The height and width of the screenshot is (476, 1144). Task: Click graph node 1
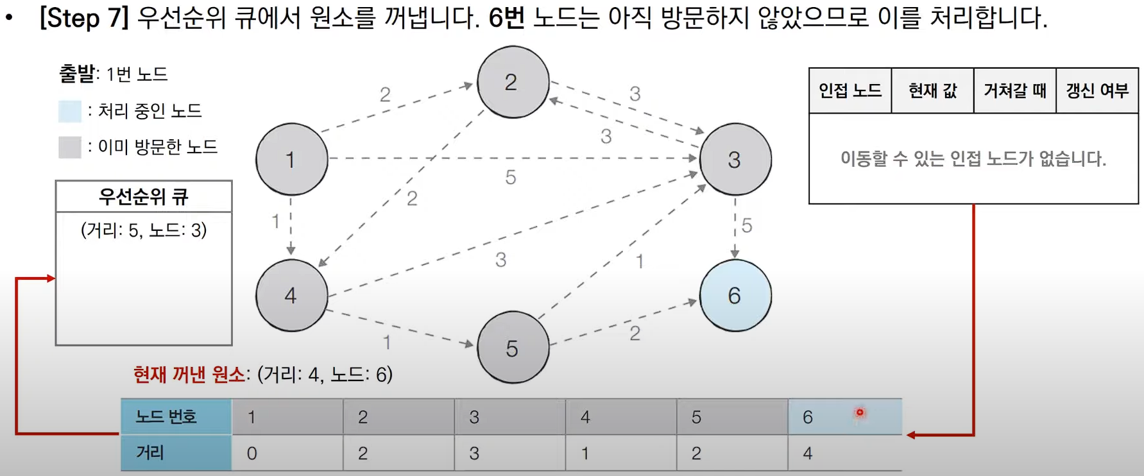291,159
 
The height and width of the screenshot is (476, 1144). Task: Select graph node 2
513,82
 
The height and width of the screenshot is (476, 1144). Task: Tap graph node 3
735,159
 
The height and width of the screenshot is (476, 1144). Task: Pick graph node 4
291,295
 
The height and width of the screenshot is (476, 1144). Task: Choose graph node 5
513,348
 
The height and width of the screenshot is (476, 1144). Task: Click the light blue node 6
735,295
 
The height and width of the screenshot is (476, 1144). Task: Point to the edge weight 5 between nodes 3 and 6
747,225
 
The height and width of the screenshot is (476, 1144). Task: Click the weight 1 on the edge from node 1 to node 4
275,221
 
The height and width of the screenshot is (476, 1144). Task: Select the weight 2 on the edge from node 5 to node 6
635,333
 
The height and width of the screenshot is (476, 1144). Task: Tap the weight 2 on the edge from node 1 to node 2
385,94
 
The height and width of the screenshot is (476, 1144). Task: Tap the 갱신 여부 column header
1097,90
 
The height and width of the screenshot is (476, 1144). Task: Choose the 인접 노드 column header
850,90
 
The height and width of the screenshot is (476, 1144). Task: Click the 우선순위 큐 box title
144,196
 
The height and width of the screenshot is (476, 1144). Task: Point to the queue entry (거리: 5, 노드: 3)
144,230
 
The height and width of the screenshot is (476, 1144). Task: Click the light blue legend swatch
70,111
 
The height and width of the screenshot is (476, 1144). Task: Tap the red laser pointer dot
860,413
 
